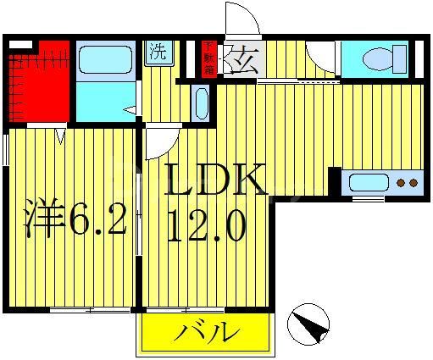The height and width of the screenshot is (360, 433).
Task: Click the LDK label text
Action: [215, 180]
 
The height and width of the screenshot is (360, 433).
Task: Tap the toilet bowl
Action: [375, 58]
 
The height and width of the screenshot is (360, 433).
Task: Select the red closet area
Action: [37, 85]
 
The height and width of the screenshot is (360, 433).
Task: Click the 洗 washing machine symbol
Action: [158, 52]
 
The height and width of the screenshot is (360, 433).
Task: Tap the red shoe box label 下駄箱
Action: [208, 58]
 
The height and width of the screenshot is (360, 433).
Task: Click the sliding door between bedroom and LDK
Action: [139, 216]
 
